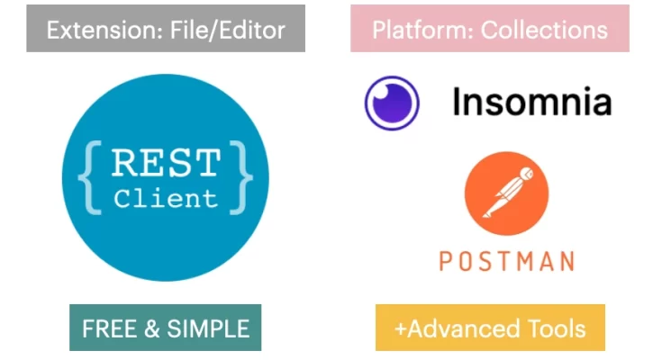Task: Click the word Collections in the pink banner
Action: tap(544, 30)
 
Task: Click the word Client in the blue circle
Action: tap(166, 199)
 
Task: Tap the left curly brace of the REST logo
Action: tap(88, 178)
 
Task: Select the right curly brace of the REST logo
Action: tap(242, 178)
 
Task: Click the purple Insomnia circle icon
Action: tap(392, 103)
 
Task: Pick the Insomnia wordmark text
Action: tap(531, 103)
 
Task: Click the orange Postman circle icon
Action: tap(506, 193)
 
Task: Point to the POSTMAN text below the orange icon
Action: tap(506, 261)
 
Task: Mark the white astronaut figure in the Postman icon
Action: tap(506, 192)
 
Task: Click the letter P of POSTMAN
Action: tap(446, 261)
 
